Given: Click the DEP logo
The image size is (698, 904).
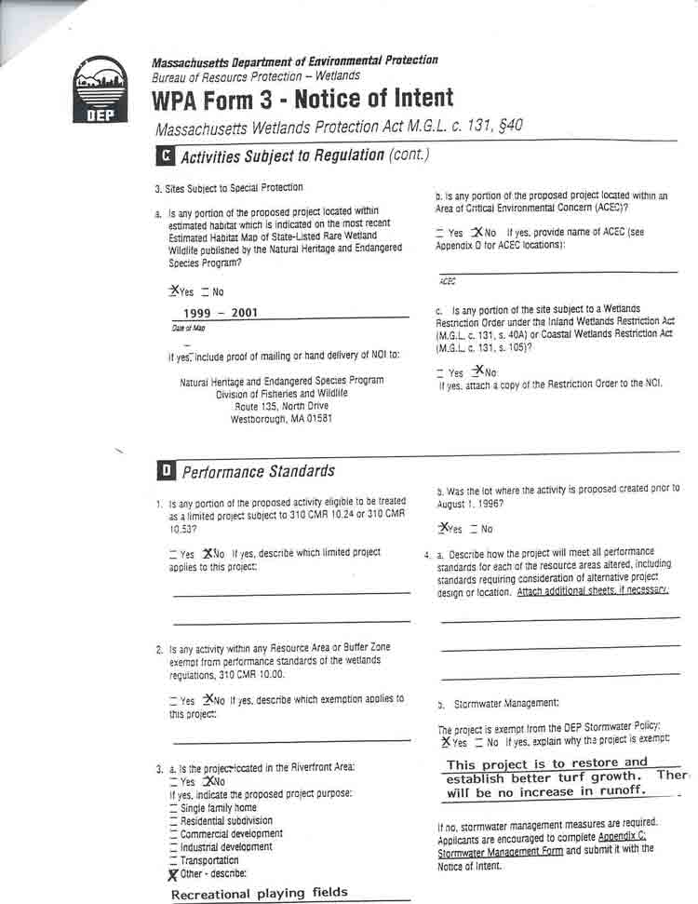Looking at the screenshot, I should [101, 89].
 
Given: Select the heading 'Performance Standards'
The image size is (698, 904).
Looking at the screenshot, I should [258, 471].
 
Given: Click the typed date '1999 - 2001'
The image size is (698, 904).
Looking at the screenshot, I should [221, 313].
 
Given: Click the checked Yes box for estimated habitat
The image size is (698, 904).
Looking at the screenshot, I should [173, 290].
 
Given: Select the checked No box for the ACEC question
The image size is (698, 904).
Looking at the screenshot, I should [477, 232].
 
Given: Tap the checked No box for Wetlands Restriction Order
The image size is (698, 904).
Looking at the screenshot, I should [477, 371].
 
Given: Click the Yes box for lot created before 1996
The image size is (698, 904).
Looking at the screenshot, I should [444, 528].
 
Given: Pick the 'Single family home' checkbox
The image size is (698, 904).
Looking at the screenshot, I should [174, 809].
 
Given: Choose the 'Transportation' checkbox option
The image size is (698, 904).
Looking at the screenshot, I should [174, 861].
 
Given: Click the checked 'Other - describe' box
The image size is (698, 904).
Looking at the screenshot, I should [174, 874].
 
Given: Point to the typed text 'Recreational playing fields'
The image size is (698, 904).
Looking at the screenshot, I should [259, 893].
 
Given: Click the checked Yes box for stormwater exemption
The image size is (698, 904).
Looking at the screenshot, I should [447, 742].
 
